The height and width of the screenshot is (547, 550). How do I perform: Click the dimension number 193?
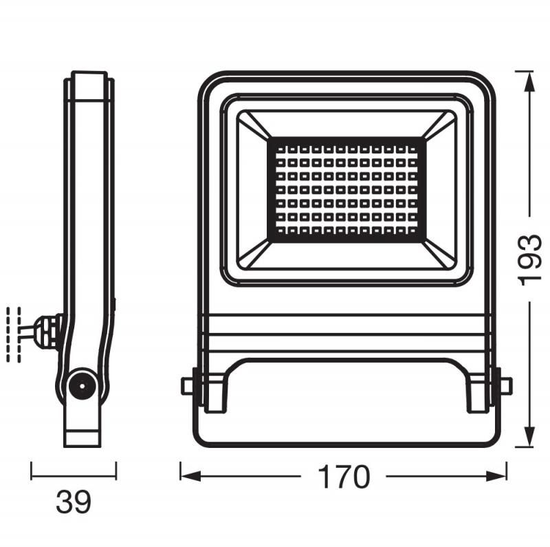[x=530, y=260]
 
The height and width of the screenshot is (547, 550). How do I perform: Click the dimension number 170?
[x=344, y=476]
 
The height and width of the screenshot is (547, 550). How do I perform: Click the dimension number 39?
[x=73, y=503]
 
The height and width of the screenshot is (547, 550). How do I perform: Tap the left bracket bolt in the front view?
[x=187, y=386]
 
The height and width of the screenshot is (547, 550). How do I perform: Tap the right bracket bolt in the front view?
[x=506, y=386]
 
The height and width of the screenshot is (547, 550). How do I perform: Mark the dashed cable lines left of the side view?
[x=14, y=333]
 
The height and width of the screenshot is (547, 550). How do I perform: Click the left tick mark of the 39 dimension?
[x=31, y=471]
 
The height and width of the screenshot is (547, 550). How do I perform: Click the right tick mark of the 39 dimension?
[x=115, y=471]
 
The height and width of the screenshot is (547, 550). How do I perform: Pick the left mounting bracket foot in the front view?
[x=215, y=393]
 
